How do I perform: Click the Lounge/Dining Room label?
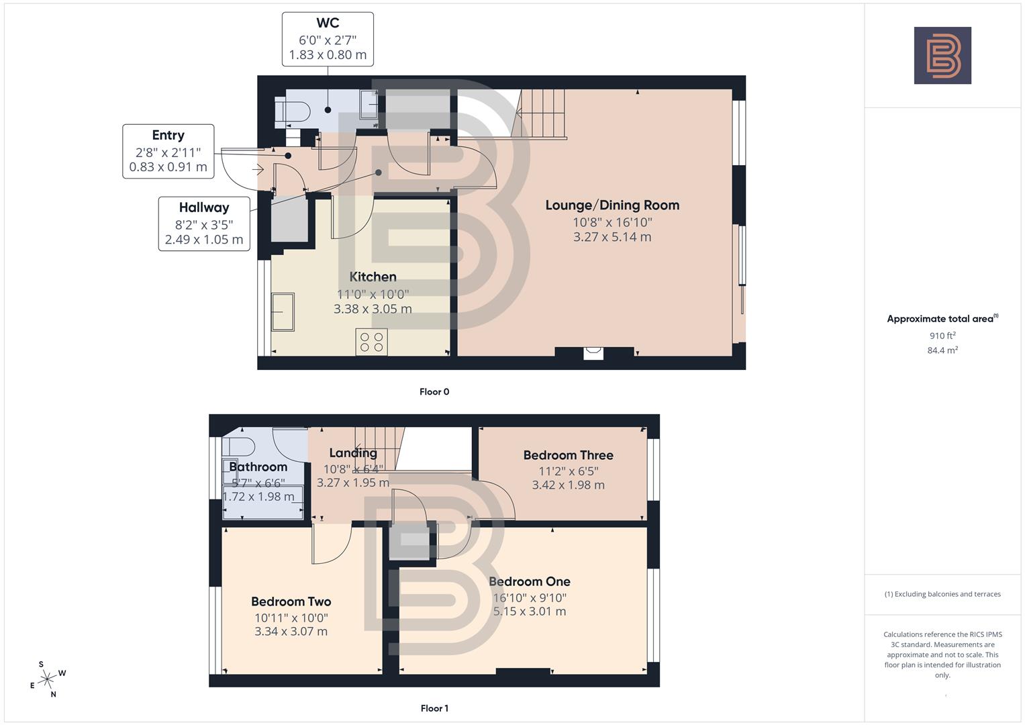pyautogui.click(x=612, y=205)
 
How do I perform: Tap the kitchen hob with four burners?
pyautogui.click(x=371, y=342)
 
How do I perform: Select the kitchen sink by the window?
pyautogui.click(x=283, y=312)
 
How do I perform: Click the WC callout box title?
pyautogui.click(x=328, y=23)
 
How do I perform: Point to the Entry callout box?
pyautogui.click(x=168, y=151)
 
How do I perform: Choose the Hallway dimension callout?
pyautogui.click(x=204, y=224)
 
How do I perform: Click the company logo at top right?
pyautogui.click(x=942, y=56)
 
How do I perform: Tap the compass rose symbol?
pyautogui.click(x=47, y=679)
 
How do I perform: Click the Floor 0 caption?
pyautogui.click(x=434, y=391)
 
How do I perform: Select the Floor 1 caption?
pyautogui.click(x=434, y=708)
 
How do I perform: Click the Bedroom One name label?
pyautogui.click(x=530, y=581)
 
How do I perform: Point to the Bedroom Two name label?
pyautogui.click(x=291, y=601)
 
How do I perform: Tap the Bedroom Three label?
pyautogui.click(x=568, y=455)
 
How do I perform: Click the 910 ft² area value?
pyautogui.click(x=942, y=336)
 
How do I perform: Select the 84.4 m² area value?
pyautogui.click(x=942, y=350)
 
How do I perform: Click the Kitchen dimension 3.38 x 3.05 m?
pyautogui.click(x=373, y=309)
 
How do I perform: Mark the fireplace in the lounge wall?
pyautogui.click(x=593, y=352)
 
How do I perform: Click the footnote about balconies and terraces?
pyautogui.click(x=942, y=594)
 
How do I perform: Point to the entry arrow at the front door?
pyautogui.click(x=258, y=170)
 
